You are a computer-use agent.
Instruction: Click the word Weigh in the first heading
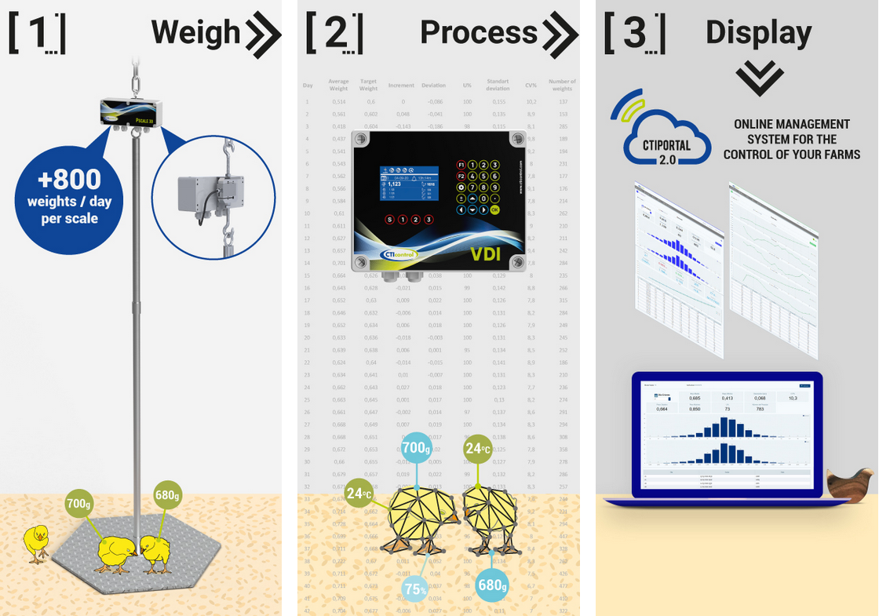point(195,33)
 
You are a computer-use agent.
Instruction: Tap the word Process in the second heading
point(479,33)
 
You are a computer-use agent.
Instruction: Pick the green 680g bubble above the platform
point(167,495)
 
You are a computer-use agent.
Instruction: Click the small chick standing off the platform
point(35,541)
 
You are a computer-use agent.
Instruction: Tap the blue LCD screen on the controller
point(407,184)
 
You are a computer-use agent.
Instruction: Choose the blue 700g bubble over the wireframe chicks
point(416,449)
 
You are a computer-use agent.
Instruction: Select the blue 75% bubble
point(416,589)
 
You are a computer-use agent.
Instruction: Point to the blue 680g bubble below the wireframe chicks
point(492,585)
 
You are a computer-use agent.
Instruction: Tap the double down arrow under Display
point(759,78)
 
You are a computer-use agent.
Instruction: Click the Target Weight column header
point(368,85)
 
